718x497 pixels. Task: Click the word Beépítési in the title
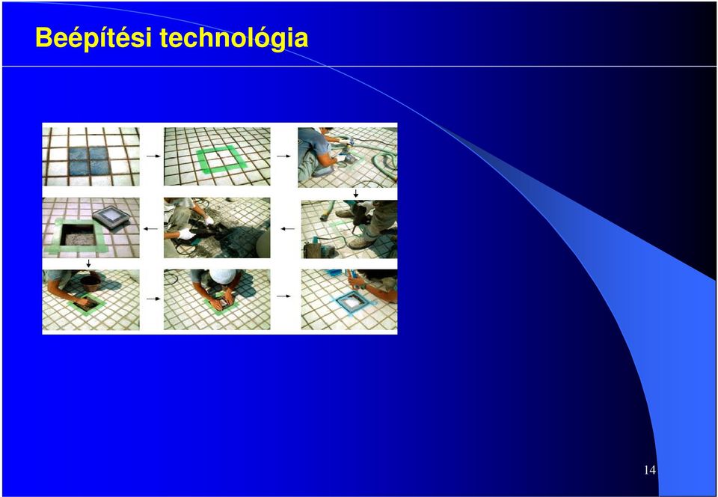pos(93,37)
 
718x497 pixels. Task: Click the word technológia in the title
pos(233,37)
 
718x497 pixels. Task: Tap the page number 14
pos(650,470)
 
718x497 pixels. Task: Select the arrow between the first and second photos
pos(153,156)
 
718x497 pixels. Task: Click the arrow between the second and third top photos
pos(284,156)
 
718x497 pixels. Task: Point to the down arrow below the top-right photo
pos(356,193)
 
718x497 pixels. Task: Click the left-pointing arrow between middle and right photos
pos(287,228)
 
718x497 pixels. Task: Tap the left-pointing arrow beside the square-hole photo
pos(150,228)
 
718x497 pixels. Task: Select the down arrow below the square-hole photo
pos(88,264)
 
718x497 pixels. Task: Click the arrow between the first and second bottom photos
pos(153,299)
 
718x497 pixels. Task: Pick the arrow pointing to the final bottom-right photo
pos(284,296)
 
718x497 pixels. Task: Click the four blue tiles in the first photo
pos(90,161)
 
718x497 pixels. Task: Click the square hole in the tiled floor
pos(79,233)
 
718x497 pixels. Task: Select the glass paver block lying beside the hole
pos(110,216)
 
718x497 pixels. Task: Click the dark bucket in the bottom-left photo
pos(90,283)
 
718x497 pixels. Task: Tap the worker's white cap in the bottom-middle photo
pos(223,275)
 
